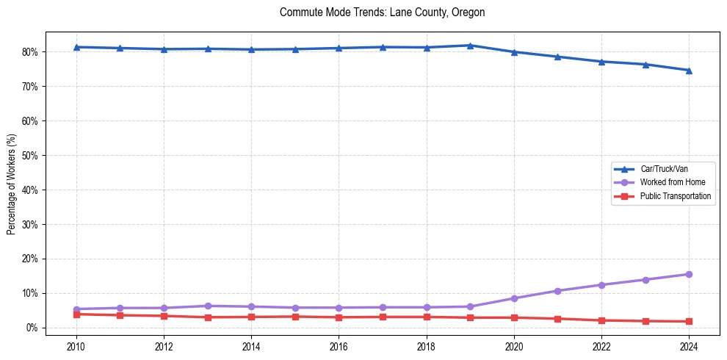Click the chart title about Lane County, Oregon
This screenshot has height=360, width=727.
382,12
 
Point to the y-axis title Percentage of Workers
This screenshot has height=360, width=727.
12,184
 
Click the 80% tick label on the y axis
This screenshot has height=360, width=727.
30,52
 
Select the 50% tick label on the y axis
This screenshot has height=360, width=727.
30,156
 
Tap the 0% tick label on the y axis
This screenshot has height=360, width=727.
32,328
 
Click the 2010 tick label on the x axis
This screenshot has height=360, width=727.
76,346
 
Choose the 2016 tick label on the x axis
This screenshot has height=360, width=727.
339,346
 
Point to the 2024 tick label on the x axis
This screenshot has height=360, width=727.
689,346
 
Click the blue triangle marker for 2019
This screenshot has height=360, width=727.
470,46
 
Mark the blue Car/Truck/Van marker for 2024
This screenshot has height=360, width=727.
689,71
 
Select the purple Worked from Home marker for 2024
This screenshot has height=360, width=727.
689,274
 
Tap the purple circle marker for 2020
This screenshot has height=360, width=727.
514,298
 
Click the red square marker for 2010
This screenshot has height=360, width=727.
76,314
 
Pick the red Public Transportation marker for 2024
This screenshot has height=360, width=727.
689,321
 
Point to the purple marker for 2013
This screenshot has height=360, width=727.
208,306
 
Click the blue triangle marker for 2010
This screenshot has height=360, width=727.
76,47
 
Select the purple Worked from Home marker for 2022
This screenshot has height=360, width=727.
601,284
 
